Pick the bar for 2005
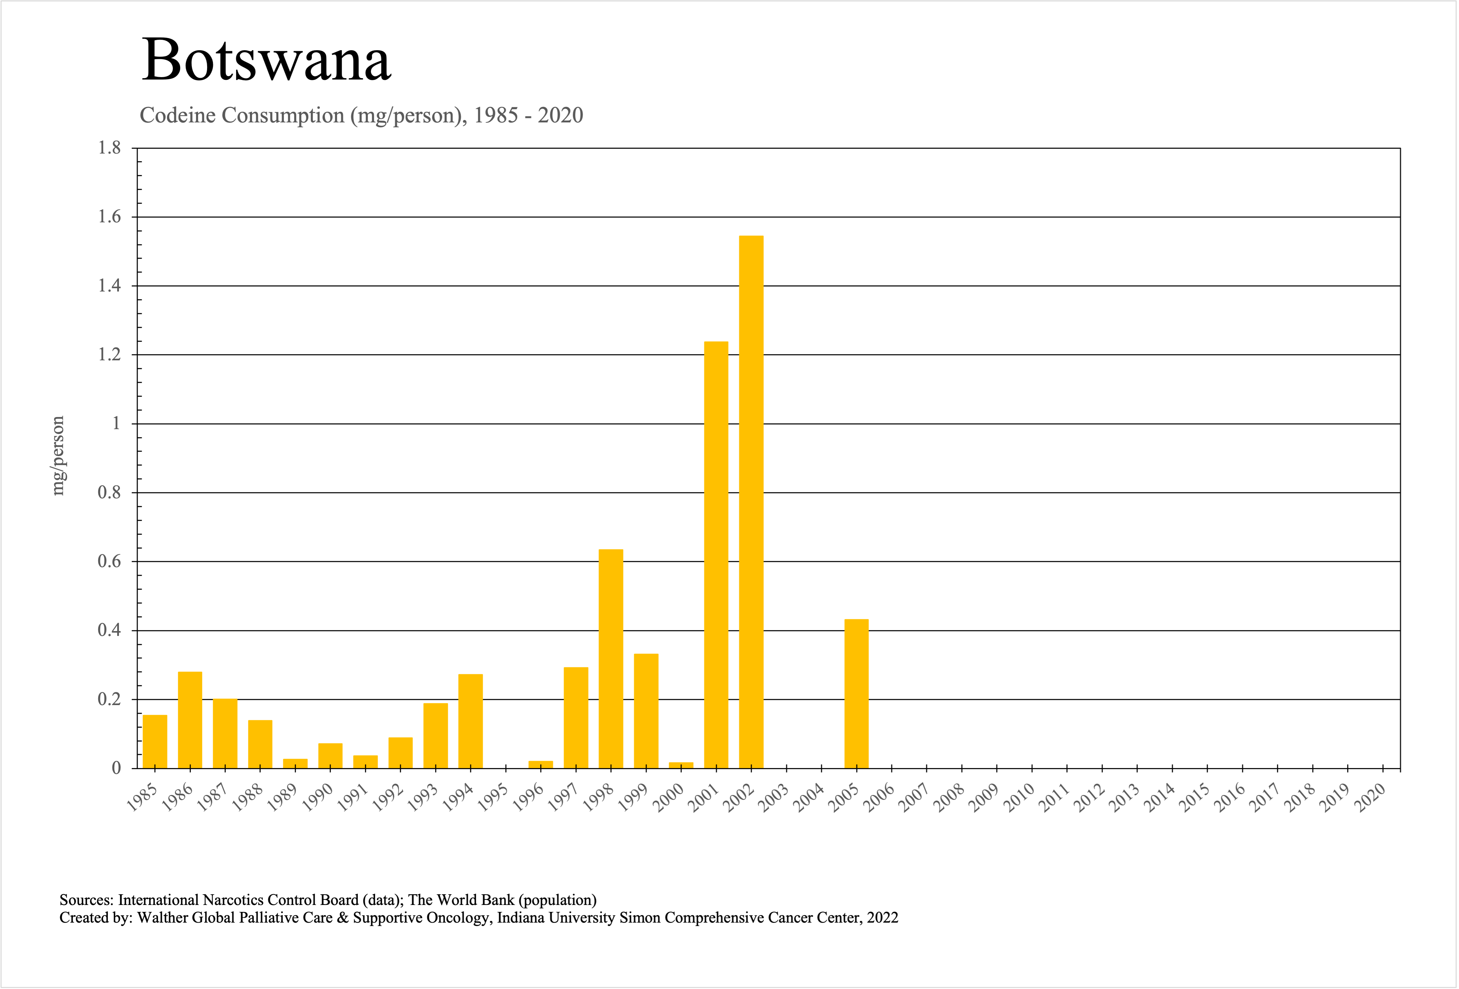click(856, 694)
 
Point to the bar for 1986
click(190, 720)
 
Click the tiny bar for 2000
click(681, 765)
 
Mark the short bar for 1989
click(295, 764)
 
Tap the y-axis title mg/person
click(58, 456)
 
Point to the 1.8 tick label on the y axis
click(109, 148)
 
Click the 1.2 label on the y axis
click(109, 355)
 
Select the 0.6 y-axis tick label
click(109, 561)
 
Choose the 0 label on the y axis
click(116, 768)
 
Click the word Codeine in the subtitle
click(179, 115)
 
